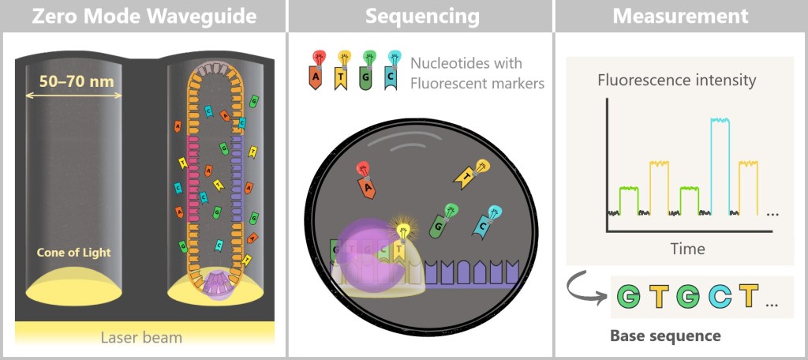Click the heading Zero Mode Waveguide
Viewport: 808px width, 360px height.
[144, 15]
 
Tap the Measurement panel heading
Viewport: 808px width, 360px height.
[680, 15]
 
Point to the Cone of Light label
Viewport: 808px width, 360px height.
[73, 253]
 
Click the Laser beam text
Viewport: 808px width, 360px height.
[141, 338]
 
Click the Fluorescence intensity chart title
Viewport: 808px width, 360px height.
[677, 80]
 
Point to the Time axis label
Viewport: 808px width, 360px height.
[687, 249]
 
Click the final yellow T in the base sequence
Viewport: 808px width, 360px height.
[749, 297]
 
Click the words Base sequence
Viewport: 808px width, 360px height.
[665, 336]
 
